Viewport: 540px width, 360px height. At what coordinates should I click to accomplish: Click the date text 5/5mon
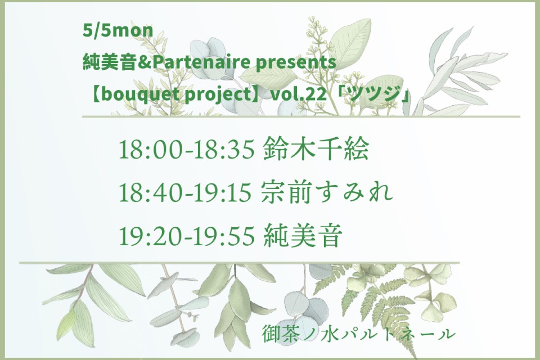coord(118,31)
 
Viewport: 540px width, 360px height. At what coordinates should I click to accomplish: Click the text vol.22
coord(299,94)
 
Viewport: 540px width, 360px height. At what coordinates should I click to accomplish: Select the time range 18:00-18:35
coord(187,150)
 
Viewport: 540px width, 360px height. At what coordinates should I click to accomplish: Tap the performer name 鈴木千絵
coord(316,149)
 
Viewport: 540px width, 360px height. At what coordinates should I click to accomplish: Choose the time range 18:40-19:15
coord(185,192)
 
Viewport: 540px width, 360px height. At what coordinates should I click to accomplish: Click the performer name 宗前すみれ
coord(327,192)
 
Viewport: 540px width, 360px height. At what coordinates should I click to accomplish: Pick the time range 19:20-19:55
coord(187,236)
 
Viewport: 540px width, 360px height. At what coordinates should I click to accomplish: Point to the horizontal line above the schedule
coord(301,117)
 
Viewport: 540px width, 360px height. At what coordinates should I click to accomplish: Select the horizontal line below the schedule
coord(240,263)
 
